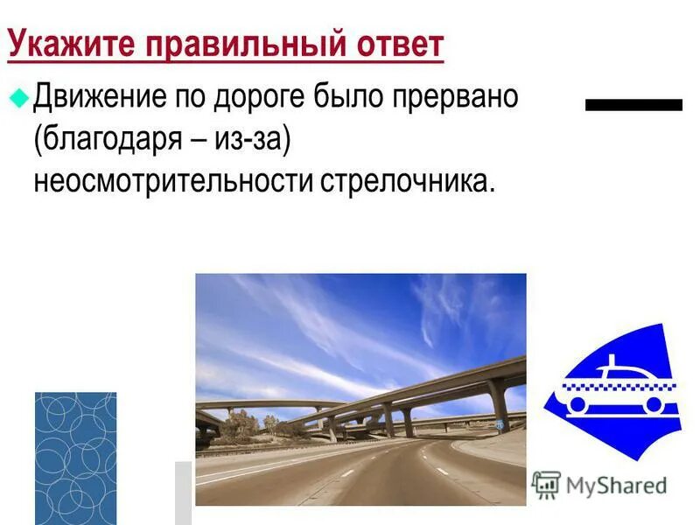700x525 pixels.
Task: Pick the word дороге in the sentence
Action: [x=257, y=96]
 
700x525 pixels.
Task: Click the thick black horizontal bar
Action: [x=633, y=105]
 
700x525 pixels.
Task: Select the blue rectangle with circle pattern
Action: [x=75, y=458]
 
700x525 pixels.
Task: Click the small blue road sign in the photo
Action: [x=499, y=423]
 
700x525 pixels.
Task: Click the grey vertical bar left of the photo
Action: [x=183, y=492]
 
